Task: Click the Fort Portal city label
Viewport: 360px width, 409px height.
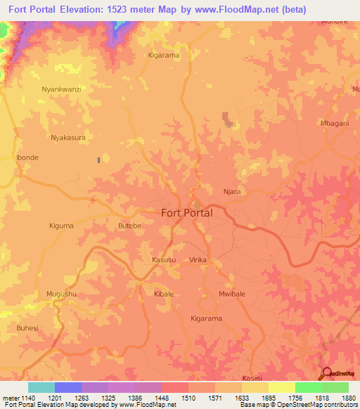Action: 186,212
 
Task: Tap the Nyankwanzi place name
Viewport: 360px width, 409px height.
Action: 61,89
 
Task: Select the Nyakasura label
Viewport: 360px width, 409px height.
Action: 68,138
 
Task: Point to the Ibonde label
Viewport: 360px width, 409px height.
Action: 27,157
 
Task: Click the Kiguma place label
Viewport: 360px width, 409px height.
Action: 61,226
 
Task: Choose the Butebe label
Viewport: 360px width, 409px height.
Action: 129,226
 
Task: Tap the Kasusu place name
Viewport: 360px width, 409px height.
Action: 164,259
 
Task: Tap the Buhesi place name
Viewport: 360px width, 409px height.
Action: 27,327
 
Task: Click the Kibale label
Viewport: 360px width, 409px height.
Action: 164,294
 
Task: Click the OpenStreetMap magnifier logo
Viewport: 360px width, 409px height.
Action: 326,372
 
